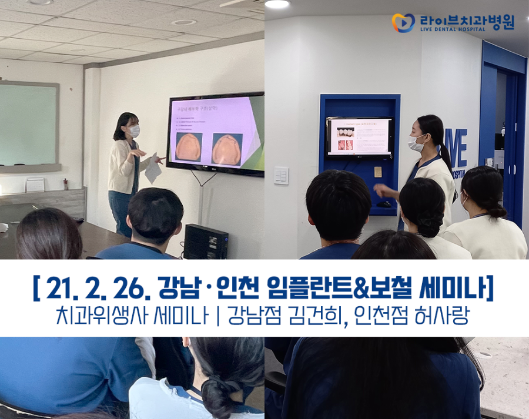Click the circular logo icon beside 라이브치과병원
[x=403, y=23]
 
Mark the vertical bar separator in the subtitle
[x=217, y=317]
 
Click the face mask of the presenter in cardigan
[x=134, y=131]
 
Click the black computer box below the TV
[x=205, y=242]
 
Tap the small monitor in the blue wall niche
[x=360, y=138]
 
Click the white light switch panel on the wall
[x=281, y=175]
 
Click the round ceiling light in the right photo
[x=277, y=4]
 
